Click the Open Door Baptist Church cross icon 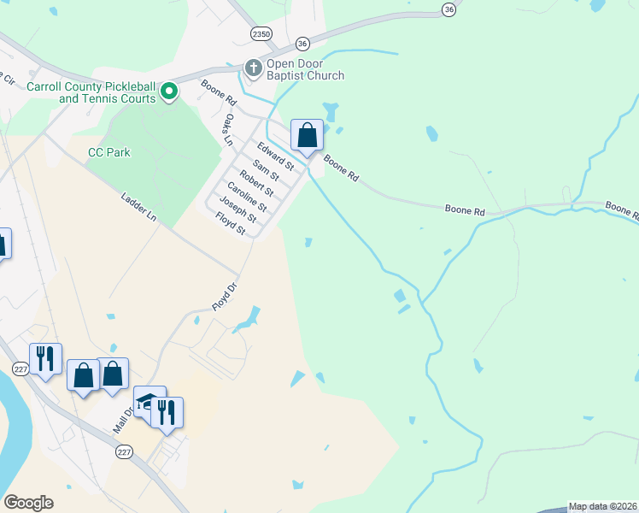(x=253, y=67)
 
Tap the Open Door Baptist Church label (x=305, y=69)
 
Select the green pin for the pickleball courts (x=169, y=91)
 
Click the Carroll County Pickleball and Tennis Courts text (x=91, y=92)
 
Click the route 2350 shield (x=261, y=33)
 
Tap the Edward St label (x=276, y=156)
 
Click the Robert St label (x=256, y=183)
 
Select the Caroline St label (x=246, y=197)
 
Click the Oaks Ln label (x=228, y=131)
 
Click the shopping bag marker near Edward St (x=307, y=135)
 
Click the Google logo (x=28, y=503)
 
